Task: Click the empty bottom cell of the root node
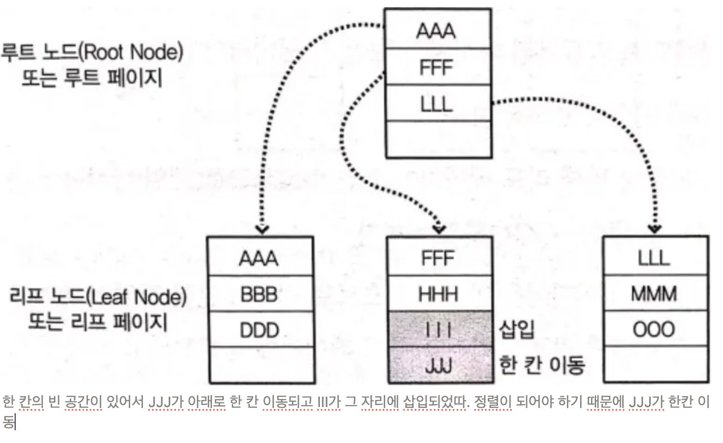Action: point(438,139)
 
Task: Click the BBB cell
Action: point(260,294)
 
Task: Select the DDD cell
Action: point(260,329)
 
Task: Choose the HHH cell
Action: point(439,294)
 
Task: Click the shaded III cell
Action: point(439,329)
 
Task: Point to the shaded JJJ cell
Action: point(439,365)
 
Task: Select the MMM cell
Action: point(655,294)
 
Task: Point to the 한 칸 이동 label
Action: point(542,365)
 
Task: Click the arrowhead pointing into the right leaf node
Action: point(655,229)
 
